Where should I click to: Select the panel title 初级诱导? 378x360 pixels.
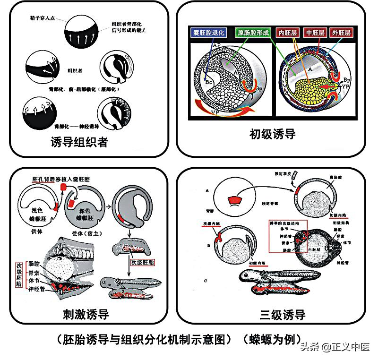[272, 134]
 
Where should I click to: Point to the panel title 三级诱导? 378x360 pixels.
[282, 315]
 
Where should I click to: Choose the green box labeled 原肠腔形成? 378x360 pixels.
[253, 33]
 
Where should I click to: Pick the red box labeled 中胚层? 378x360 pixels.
[314, 33]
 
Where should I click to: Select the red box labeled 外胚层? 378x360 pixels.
[341, 33]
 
